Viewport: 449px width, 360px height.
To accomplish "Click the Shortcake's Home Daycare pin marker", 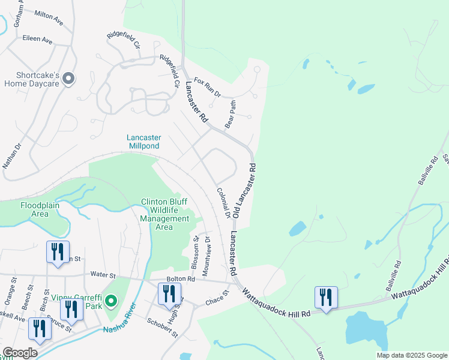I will pos(68,79).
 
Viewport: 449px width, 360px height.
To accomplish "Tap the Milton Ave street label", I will pos(49,17).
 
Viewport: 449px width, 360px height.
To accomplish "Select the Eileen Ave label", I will pos(37,40).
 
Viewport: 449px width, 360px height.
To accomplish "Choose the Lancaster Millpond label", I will pos(143,142).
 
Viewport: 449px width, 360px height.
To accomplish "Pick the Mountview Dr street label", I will pos(206,255).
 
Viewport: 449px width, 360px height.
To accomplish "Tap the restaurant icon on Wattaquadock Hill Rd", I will pos(326,297).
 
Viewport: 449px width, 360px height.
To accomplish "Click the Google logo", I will pos(20,353).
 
